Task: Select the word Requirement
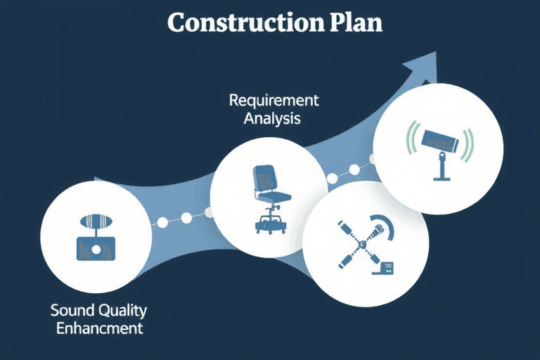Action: point(274,101)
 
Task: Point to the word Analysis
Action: point(272,119)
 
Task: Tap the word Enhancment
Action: point(100,328)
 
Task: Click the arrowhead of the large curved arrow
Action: point(421,67)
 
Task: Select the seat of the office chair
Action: point(274,197)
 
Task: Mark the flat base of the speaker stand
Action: point(442,179)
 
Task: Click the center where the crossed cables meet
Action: point(362,244)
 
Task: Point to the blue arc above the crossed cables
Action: point(385,224)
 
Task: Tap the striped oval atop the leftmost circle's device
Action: point(96,221)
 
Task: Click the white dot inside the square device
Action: point(96,249)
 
